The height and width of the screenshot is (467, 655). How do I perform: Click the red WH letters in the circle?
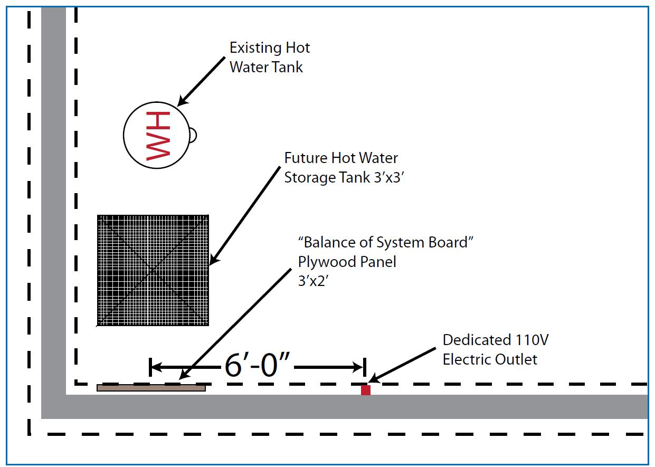coord(158,136)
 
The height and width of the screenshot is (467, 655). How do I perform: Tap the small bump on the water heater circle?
coord(193,136)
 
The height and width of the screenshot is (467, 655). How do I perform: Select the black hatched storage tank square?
coord(153,270)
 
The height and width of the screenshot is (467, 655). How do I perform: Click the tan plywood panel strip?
coord(151,388)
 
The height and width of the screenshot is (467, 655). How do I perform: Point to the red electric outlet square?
coord(366,390)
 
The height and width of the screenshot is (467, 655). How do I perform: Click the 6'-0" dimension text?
coord(257,366)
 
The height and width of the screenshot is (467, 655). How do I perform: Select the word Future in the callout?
coord(306,158)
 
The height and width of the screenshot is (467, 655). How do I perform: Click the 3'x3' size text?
coord(389,177)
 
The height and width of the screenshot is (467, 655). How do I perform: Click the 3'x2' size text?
coord(313,281)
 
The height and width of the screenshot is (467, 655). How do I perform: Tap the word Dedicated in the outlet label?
coord(477,340)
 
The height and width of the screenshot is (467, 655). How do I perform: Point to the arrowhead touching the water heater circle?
coord(183,100)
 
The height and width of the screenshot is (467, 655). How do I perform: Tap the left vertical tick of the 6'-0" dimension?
coord(150,367)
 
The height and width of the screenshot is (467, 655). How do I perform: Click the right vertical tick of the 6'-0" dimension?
coord(364,367)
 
